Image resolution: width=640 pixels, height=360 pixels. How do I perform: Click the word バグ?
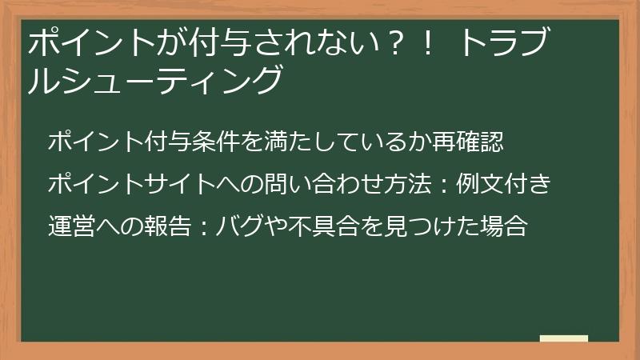pos(243,226)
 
